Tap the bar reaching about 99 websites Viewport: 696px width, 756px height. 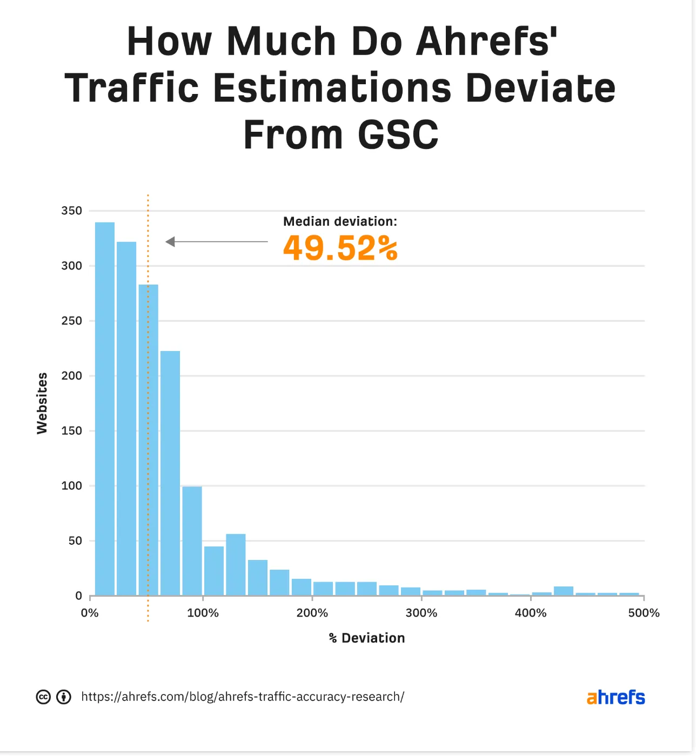pos(192,541)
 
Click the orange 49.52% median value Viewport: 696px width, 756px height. pos(340,248)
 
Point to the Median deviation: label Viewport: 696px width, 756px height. pos(340,221)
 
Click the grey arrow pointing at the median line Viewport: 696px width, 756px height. pos(216,242)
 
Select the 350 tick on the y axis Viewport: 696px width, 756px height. pos(72,211)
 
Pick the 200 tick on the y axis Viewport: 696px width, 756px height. pos(72,376)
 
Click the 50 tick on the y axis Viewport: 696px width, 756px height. pos(75,541)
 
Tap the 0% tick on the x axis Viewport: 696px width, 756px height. pos(90,613)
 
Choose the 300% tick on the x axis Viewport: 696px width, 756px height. pos(421,613)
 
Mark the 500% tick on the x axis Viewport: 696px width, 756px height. pos(644,613)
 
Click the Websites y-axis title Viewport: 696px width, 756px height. pos(42,403)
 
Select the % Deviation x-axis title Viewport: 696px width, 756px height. pos(367,638)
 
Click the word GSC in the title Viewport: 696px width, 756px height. pos(398,134)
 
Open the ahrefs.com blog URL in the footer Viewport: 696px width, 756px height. pos(243,697)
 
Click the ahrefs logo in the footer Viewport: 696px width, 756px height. pos(615,697)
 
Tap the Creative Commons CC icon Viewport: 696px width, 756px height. pos(43,697)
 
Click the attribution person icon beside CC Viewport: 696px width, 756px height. pos(64,697)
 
